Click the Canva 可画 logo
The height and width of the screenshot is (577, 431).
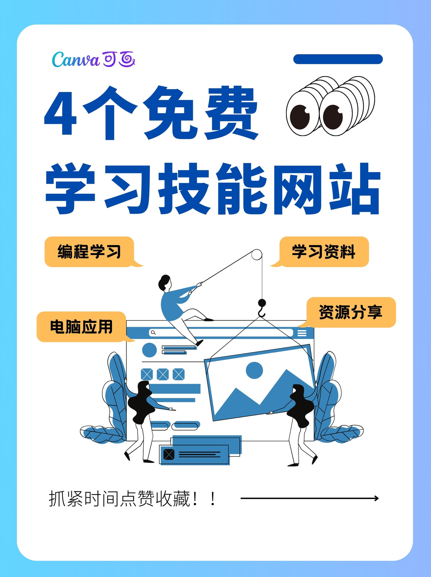point(94,59)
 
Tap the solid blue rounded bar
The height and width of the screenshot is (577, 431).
point(338,59)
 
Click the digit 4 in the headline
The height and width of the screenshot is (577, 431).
point(60,113)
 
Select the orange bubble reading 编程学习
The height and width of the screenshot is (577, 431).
point(91,252)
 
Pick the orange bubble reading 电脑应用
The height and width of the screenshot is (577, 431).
point(83,327)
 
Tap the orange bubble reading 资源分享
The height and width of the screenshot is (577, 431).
point(349,312)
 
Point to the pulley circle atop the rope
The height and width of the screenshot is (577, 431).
point(256,255)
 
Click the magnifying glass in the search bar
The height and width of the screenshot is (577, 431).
point(153,332)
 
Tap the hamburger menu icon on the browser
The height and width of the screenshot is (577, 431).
point(302,333)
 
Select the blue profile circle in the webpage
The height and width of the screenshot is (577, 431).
point(149,350)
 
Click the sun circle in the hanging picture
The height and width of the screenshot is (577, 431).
point(254,370)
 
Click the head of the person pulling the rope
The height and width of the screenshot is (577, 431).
point(165,283)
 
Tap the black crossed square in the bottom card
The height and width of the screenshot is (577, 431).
point(169,454)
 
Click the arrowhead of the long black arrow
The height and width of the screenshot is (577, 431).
point(376,498)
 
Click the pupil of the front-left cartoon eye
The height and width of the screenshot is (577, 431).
point(300,117)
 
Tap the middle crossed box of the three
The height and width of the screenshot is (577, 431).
point(163,374)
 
